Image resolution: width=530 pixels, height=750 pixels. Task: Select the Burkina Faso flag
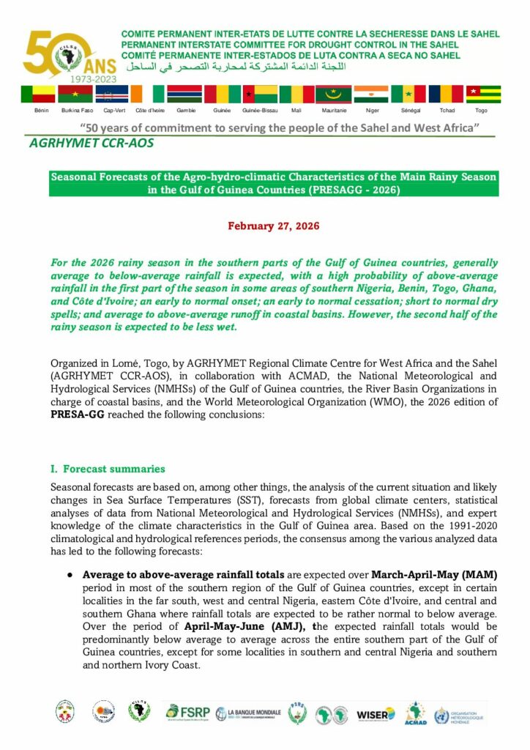pyautogui.click(x=75, y=94)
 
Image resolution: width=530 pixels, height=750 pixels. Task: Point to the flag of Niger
pyautogui.click(x=371, y=94)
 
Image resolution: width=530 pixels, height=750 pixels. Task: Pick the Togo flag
pyautogui.click(x=483, y=94)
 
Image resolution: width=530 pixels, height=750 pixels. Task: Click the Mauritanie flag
pyautogui.click(x=334, y=94)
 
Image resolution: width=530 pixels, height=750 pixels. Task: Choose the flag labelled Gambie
pyautogui.click(x=184, y=94)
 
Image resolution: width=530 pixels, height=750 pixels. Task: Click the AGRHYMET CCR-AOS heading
pyautogui.click(x=92, y=144)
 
